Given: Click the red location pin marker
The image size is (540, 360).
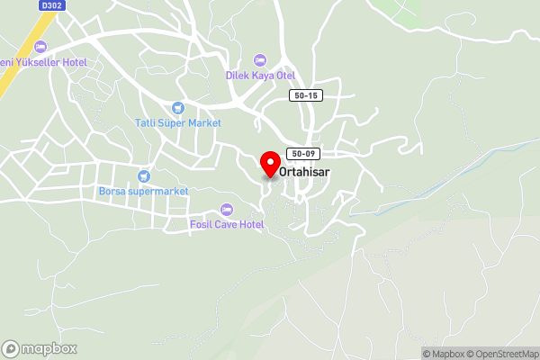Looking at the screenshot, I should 269,164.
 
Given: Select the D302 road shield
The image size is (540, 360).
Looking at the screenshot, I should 52,5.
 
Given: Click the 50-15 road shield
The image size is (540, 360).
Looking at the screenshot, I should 306,95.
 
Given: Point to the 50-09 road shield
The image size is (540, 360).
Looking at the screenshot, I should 302,154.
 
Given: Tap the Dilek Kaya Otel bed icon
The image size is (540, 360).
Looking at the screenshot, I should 260,59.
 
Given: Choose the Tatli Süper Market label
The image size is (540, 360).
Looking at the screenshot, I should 178,122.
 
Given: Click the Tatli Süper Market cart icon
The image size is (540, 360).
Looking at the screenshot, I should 178,107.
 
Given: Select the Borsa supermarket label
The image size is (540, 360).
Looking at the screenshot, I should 143,192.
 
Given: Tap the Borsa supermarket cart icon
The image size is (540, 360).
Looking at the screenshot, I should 142,176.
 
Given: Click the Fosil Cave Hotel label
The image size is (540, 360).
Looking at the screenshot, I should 226,224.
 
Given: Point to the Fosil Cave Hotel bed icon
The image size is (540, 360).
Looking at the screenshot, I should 226,209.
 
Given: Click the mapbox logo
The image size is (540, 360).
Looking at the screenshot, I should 40,348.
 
